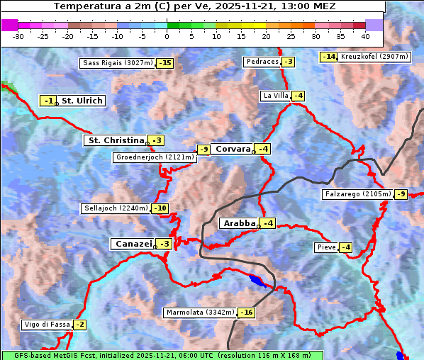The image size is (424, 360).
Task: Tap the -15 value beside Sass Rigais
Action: point(164,63)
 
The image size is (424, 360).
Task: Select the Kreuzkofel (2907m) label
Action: point(374,57)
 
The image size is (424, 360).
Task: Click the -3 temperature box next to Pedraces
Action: point(287,62)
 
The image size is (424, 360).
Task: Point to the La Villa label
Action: point(275,96)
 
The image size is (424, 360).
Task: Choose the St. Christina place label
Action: point(115,140)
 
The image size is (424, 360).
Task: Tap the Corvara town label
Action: point(233,149)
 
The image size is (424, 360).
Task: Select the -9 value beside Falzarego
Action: point(401,194)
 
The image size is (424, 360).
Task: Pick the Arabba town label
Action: point(239,223)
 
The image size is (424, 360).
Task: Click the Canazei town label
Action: point(133,243)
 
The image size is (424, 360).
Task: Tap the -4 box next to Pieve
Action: point(345,247)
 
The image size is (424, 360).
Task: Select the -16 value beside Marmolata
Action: point(246,313)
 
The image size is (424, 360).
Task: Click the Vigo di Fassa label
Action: point(47,325)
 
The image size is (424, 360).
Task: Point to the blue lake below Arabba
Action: point(260,281)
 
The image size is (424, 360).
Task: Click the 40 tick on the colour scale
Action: point(365,35)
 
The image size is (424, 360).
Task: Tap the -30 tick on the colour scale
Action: point(18,35)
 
